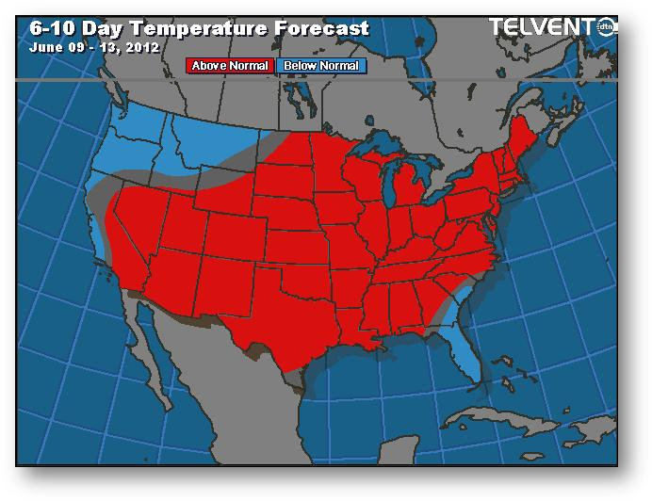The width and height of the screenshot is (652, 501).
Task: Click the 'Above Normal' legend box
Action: [231, 66]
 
